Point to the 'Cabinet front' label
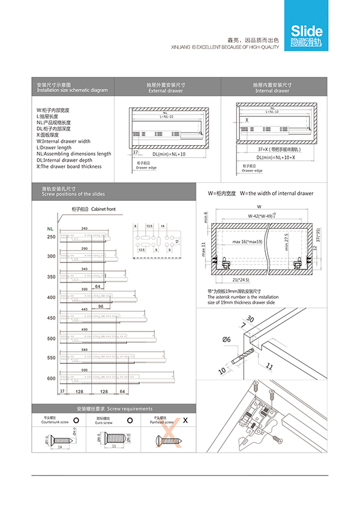[103, 209]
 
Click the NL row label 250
[51, 237]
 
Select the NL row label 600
[51, 379]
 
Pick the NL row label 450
[51, 318]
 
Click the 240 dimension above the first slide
[84, 228]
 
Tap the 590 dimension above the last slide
[84, 370]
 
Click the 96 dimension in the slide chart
[101, 306]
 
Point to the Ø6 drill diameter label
[227, 340]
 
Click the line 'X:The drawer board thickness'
[69, 167]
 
